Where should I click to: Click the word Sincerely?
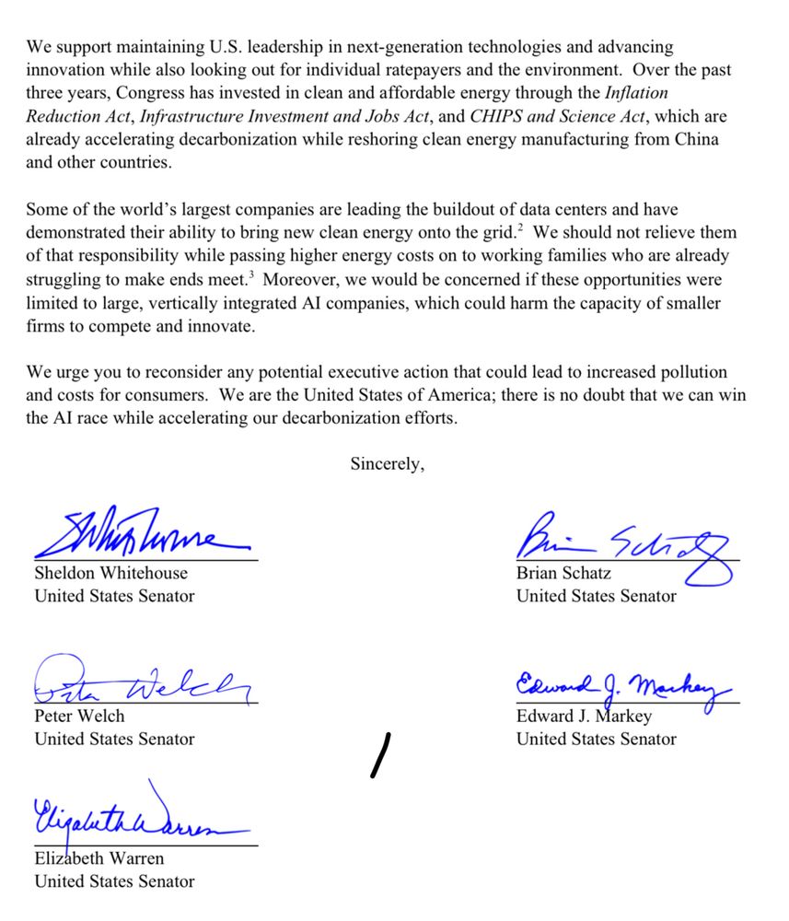coord(387,465)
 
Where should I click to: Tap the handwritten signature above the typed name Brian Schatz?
coord(626,543)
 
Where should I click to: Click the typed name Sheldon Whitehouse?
coord(110,573)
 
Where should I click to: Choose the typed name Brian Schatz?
coord(563,573)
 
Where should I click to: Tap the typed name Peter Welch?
coord(79,716)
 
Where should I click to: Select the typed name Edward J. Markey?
coord(584,716)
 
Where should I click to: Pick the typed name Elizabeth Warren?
coord(99,858)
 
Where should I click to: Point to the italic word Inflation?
coord(636,93)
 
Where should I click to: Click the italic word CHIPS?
coord(495,116)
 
